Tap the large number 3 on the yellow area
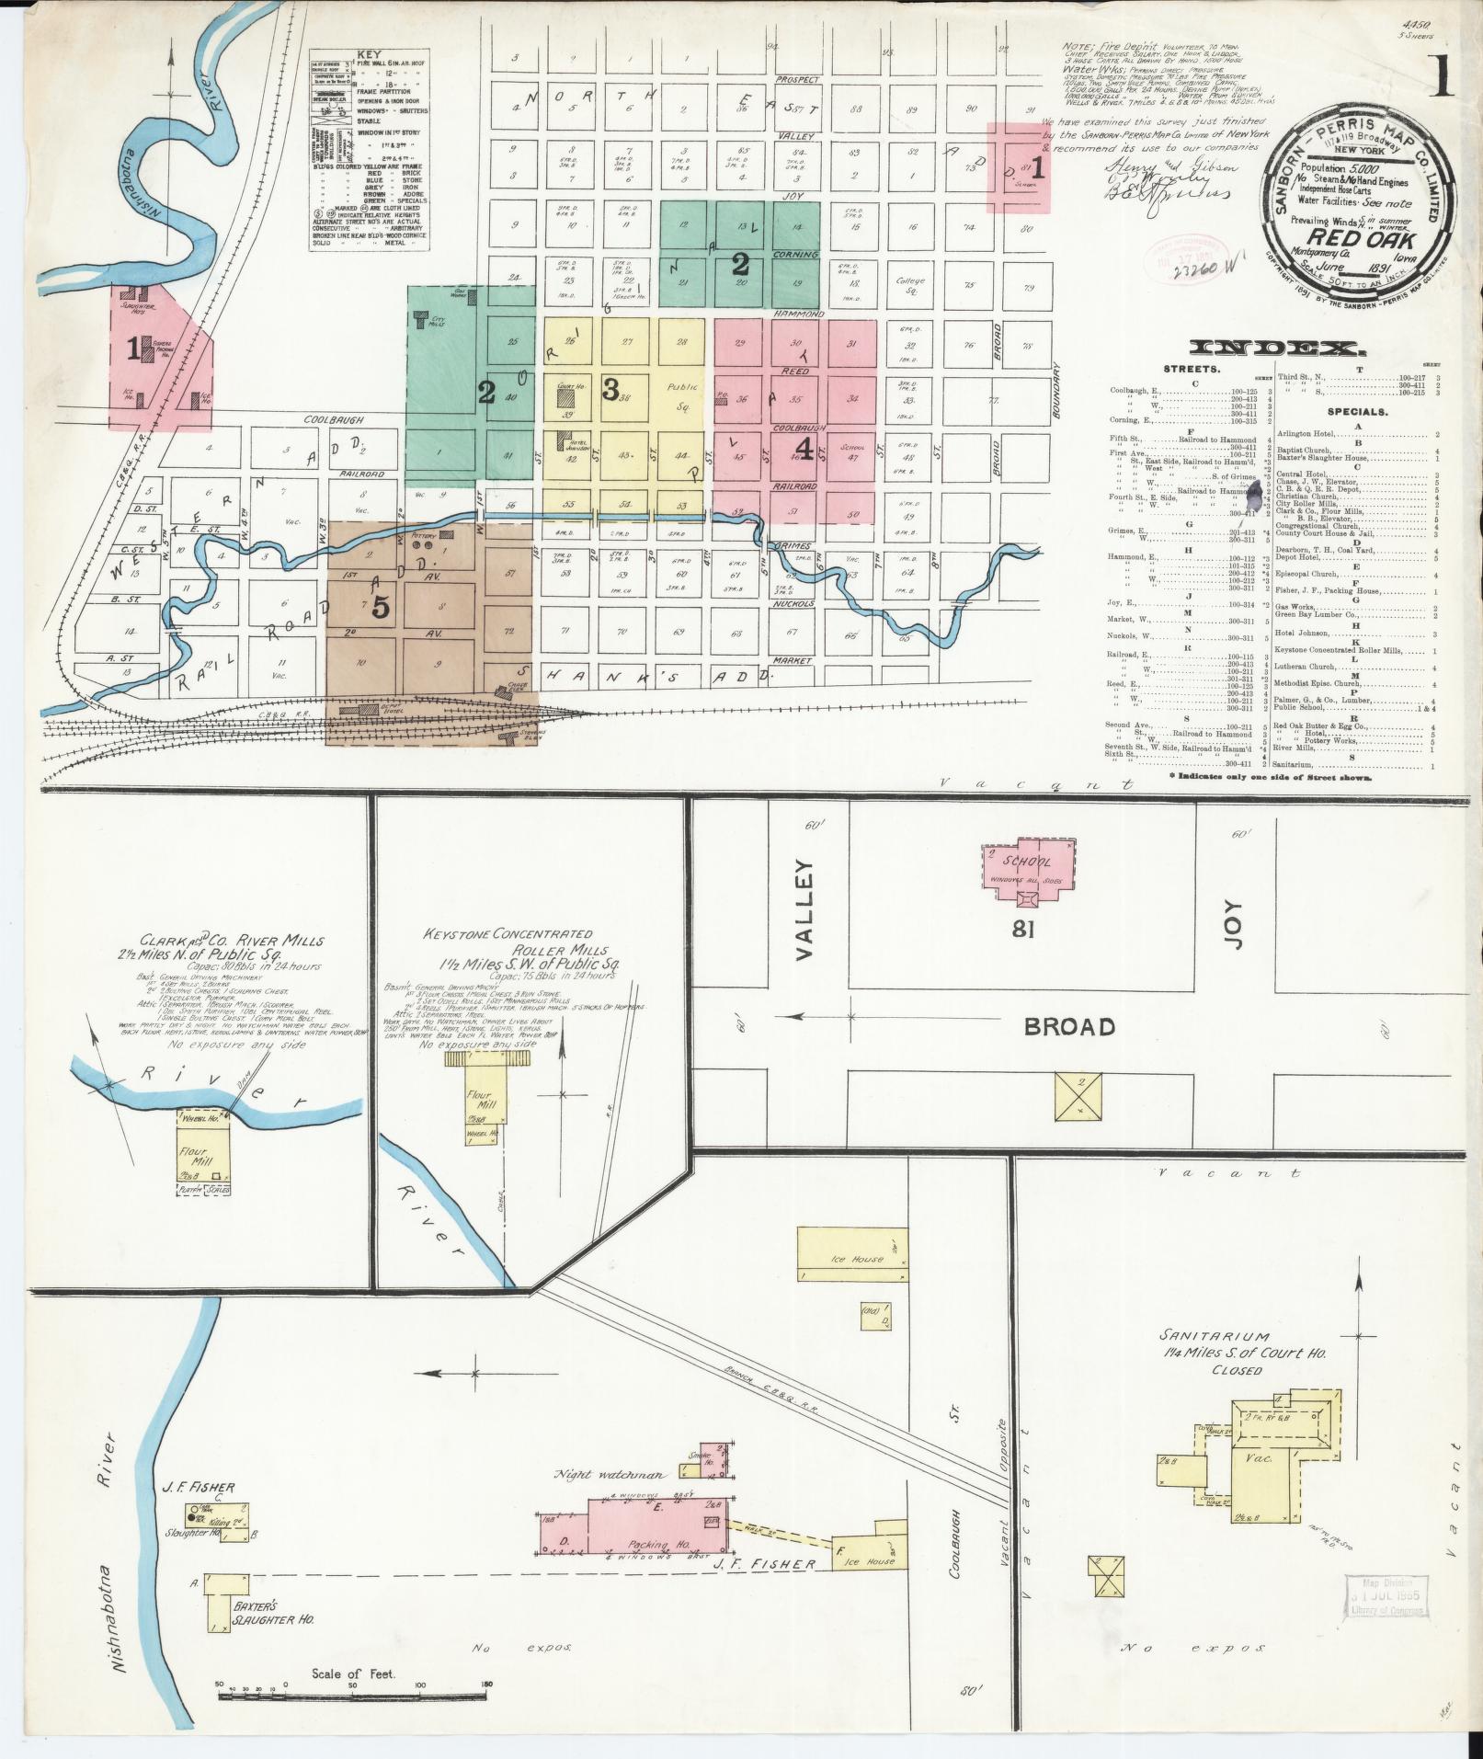(x=610, y=390)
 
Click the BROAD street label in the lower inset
(x=1069, y=1025)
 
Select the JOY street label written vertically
(x=1233, y=924)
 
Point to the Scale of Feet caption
(x=353, y=1673)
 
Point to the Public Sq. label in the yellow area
(x=682, y=394)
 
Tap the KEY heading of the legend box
(x=367, y=55)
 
